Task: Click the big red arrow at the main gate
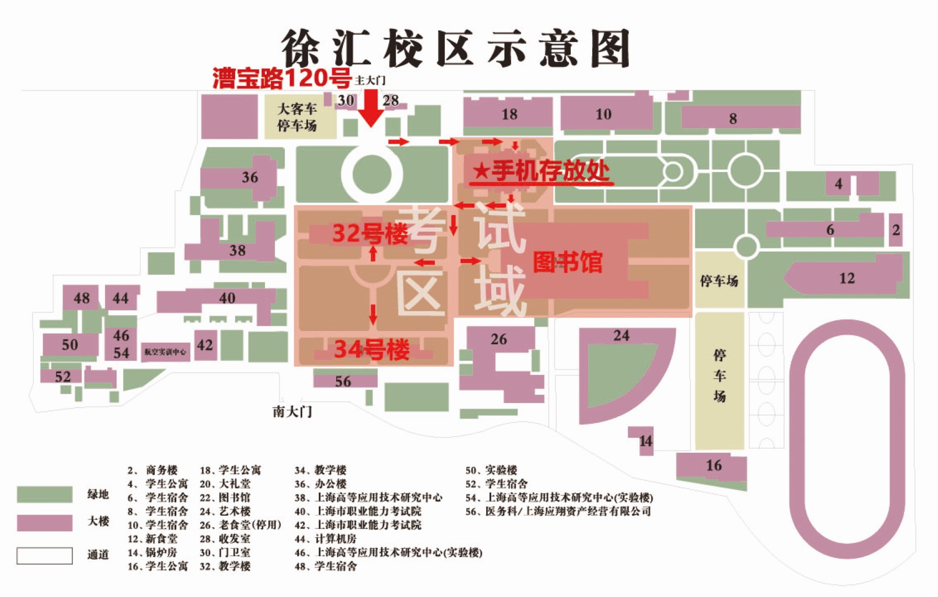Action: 371,108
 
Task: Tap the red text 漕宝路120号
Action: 282,78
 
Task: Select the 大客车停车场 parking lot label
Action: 297,117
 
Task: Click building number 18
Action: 509,114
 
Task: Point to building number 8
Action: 733,118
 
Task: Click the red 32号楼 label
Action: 369,234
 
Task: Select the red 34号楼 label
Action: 372,349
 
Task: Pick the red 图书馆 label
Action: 567,262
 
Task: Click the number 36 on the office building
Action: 249,177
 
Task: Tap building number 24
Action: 621,336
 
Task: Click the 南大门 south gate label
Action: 292,412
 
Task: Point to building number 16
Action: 713,465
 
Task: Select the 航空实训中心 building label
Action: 165,352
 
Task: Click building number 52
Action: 62,377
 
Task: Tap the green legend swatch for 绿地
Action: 44,494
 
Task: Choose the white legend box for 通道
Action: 44,556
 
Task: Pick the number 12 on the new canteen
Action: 847,278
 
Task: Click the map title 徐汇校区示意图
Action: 456,49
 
